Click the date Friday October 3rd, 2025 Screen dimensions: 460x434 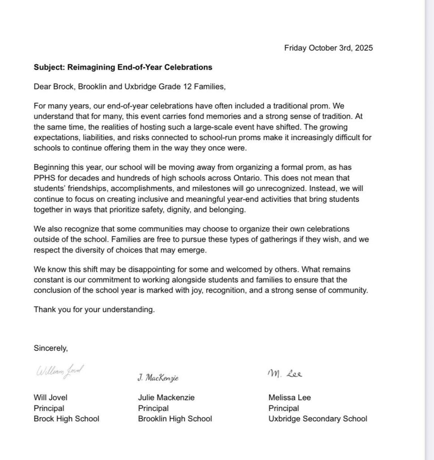click(x=328, y=48)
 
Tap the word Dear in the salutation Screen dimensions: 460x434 click(x=42, y=87)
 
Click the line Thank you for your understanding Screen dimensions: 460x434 click(x=94, y=310)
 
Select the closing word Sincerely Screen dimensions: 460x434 click(x=51, y=348)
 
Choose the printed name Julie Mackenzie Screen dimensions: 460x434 click(x=166, y=398)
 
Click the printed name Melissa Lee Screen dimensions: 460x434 click(x=290, y=398)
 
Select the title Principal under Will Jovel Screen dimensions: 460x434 click(x=49, y=408)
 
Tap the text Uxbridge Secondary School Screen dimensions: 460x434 click(x=317, y=419)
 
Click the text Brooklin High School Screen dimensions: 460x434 click(x=175, y=419)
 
